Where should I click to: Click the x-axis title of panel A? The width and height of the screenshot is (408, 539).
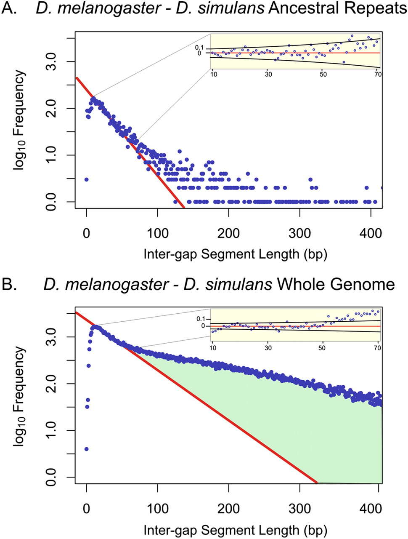coord(236,254)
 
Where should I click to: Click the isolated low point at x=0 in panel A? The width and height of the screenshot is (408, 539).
coord(86,179)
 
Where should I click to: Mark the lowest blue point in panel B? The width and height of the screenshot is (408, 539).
coord(86,449)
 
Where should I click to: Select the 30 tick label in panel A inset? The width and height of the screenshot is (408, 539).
coord(268,74)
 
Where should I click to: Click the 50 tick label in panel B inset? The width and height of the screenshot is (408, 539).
coord(323,348)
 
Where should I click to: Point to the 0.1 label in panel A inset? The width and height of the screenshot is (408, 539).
coord(200,47)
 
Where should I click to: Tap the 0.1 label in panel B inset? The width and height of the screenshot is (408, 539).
coord(201,319)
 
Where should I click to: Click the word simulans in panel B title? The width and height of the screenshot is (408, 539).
coord(228,285)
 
